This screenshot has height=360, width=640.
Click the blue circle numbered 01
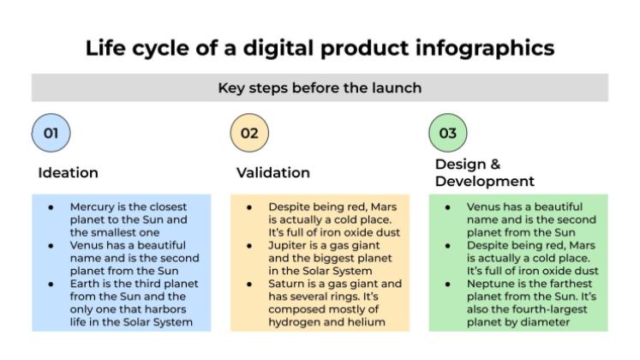[x=51, y=133]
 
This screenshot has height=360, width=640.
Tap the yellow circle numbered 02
[x=249, y=133]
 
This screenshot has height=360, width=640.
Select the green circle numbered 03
[x=447, y=133]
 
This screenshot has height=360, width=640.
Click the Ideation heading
[x=68, y=172]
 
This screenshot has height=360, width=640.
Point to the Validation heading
[x=272, y=172]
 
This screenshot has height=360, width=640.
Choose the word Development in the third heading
[x=485, y=181]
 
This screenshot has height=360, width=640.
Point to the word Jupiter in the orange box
[x=290, y=245]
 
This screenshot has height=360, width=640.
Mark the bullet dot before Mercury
[x=52, y=207]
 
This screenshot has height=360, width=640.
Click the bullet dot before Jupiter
[x=250, y=245]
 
